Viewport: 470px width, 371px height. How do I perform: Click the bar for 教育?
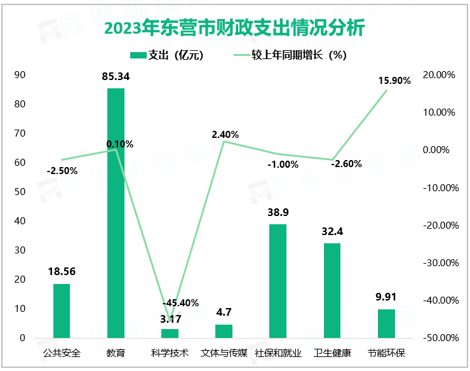(116, 213)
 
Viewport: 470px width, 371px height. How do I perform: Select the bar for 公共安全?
(62, 311)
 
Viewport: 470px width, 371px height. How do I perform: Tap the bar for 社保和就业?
(278, 281)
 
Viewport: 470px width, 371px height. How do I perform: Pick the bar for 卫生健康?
(332, 290)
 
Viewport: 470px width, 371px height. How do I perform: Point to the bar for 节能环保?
(386, 323)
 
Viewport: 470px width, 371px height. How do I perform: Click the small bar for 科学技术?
(170, 333)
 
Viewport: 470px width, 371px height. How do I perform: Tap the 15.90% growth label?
(394, 81)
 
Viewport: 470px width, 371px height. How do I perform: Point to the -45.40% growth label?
(181, 302)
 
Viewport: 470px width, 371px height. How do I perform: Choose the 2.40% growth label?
(225, 135)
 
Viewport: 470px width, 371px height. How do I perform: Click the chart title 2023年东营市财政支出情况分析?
(234, 29)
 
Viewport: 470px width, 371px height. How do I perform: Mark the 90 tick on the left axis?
(20, 75)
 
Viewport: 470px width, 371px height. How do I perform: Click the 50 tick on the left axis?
(20, 192)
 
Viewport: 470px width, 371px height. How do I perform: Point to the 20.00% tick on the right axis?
(440, 75)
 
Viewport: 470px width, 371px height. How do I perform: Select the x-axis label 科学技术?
(170, 353)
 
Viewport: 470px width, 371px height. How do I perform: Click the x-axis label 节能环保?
(386, 353)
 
